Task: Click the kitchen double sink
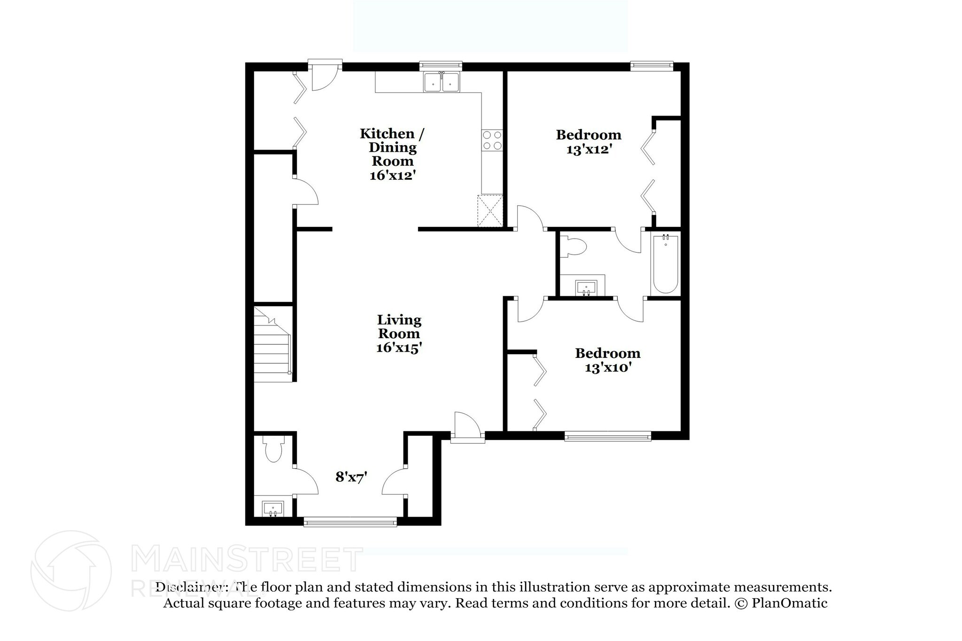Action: [442, 83]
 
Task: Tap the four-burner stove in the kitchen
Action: [492, 140]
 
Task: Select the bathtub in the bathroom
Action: [665, 264]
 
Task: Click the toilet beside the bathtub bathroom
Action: [575, 247]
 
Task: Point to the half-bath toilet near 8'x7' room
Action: [273, 449]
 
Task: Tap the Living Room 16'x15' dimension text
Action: [399, 348]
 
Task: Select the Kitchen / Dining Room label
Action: [392, 147]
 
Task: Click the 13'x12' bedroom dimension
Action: [589, 149]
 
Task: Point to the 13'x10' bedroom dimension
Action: [607, 367]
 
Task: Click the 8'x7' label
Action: [351, 478]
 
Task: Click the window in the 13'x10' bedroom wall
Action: [607, 437]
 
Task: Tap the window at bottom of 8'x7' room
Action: [350, 522]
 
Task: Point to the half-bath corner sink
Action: [273, 509]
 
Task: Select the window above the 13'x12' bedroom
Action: [652, 66]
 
